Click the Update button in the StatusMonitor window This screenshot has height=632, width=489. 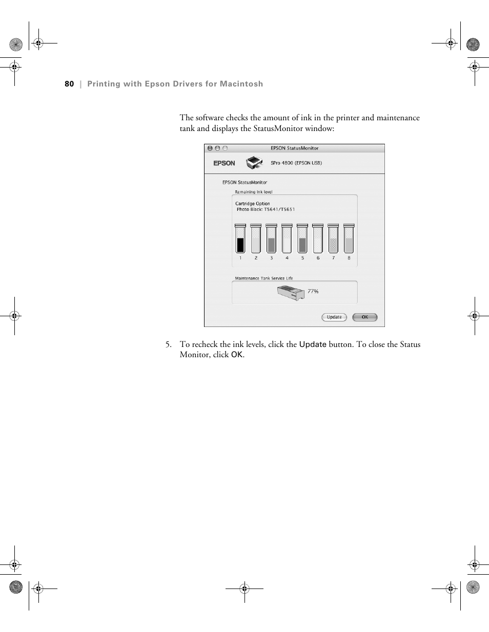(x=334, y=317)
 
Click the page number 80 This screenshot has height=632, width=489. (x=69, y=84)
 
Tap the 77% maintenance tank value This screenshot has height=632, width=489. (x=313, y=291)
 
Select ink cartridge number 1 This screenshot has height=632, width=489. (x=240, y=239)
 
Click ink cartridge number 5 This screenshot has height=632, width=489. (x=302, y=239)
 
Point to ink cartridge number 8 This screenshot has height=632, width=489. (x=349, y=239)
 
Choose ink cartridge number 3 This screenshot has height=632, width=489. (x=272, y=239)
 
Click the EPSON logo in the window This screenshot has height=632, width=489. (x=224, y=163)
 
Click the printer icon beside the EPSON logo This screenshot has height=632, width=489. (x=254, y=163)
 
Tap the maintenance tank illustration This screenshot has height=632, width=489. (x=291, y=293)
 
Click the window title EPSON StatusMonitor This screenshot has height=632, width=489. (x=294, y=148)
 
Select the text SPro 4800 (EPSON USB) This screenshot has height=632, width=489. (x=296, y=163)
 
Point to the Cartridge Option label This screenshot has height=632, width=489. (x=252, y=204)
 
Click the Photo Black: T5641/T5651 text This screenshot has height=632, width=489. (x=266, y=209)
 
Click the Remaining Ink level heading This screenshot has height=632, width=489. (x=254, y=192)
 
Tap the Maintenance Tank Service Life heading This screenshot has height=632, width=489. (x=264, y=278)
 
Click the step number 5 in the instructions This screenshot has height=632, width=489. (x=168, y=344)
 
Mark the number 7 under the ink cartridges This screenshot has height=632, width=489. (x=333, y=258)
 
